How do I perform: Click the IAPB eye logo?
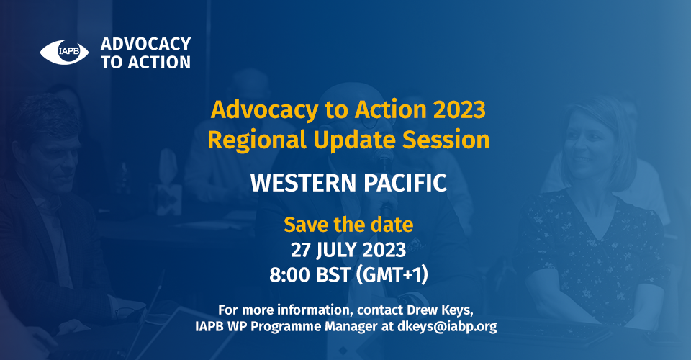64,52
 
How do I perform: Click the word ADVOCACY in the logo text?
146,44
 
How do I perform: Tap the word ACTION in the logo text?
160,63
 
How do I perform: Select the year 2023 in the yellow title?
459,109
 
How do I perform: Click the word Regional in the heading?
257,140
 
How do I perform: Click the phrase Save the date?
348,225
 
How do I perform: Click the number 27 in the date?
301,251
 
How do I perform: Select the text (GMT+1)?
392,275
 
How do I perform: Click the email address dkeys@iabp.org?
447,326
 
